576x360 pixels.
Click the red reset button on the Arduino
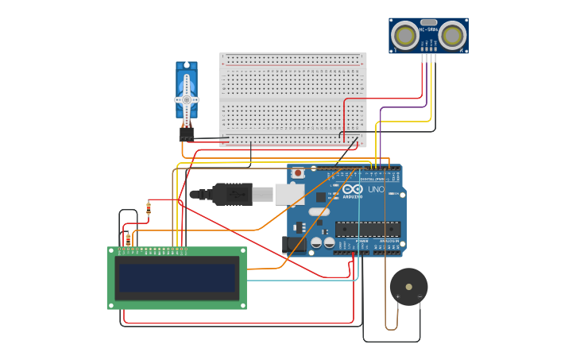tap(298, 172)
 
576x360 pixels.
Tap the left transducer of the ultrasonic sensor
tap(405, 35)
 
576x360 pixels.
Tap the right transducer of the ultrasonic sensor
tap(452, 35)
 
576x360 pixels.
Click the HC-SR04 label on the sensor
tap(428, 29)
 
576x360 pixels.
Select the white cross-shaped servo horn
tap(187, 99)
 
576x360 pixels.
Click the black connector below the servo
tap(187, 134)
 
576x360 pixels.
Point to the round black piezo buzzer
tap(408, 287)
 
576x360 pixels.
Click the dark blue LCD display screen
tap(177, 278)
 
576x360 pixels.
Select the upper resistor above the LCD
tap(149, 208)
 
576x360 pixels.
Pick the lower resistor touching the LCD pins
tap(128, 238)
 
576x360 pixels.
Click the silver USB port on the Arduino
tap(289, 194)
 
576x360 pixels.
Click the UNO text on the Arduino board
tap(376, 190)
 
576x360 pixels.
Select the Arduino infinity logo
tap(352, 189)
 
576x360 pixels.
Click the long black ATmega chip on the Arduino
tap(367, 229)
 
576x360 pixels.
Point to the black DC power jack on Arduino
tap(293, 245)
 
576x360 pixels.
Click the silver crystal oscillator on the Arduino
tap(319, 212)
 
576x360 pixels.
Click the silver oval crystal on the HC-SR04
tap(428, 22)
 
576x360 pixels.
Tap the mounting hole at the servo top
tap(187, 65)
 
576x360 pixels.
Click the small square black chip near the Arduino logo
tap(321, 196)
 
